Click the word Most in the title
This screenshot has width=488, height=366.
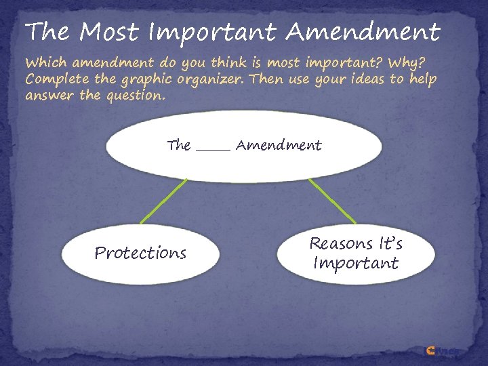pos(108,31)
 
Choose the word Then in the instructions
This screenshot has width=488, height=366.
pos(267,79)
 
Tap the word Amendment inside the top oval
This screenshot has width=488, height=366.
pos(279,145)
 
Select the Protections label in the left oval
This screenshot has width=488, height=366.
pos(140,253)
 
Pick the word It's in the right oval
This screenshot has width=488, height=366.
pos(389,243)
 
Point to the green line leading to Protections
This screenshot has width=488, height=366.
pos(163,201)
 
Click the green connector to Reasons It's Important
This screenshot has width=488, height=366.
pos(332,201)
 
